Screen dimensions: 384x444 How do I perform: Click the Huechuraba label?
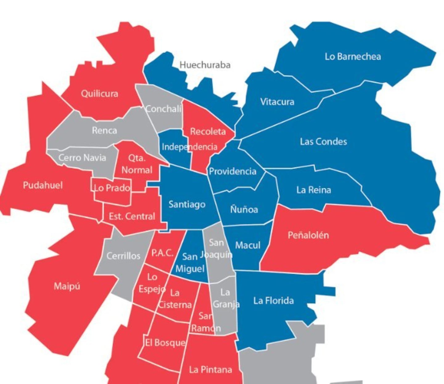pos(205,65)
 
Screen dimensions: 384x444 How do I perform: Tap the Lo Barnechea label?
pos(353,56)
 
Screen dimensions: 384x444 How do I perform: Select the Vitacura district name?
pos(277,102)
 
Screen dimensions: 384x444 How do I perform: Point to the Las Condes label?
pos(323,142)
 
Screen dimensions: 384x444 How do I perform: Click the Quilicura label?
pos(99,93)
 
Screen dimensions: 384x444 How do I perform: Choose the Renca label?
pos(104,130)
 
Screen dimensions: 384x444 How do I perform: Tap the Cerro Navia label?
pos(82,158)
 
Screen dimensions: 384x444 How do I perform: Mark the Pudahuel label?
pos(43,185)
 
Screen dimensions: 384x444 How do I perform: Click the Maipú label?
pos(67,286)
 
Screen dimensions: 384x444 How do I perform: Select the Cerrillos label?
pos(123,256)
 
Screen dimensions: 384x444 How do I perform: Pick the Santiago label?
pos(187,204)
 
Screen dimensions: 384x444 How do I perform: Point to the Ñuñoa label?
pos(244,209)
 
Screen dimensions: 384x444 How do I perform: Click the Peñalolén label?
pos(308,235)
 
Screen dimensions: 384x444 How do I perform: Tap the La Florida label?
pos(273,300)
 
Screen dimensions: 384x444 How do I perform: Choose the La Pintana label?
pos(210,370)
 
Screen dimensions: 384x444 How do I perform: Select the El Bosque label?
pos(165,342)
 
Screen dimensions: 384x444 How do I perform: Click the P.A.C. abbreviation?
pos(162,253)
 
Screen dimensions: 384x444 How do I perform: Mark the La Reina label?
pos(314,190)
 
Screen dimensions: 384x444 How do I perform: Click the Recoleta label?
pos(208,131)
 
